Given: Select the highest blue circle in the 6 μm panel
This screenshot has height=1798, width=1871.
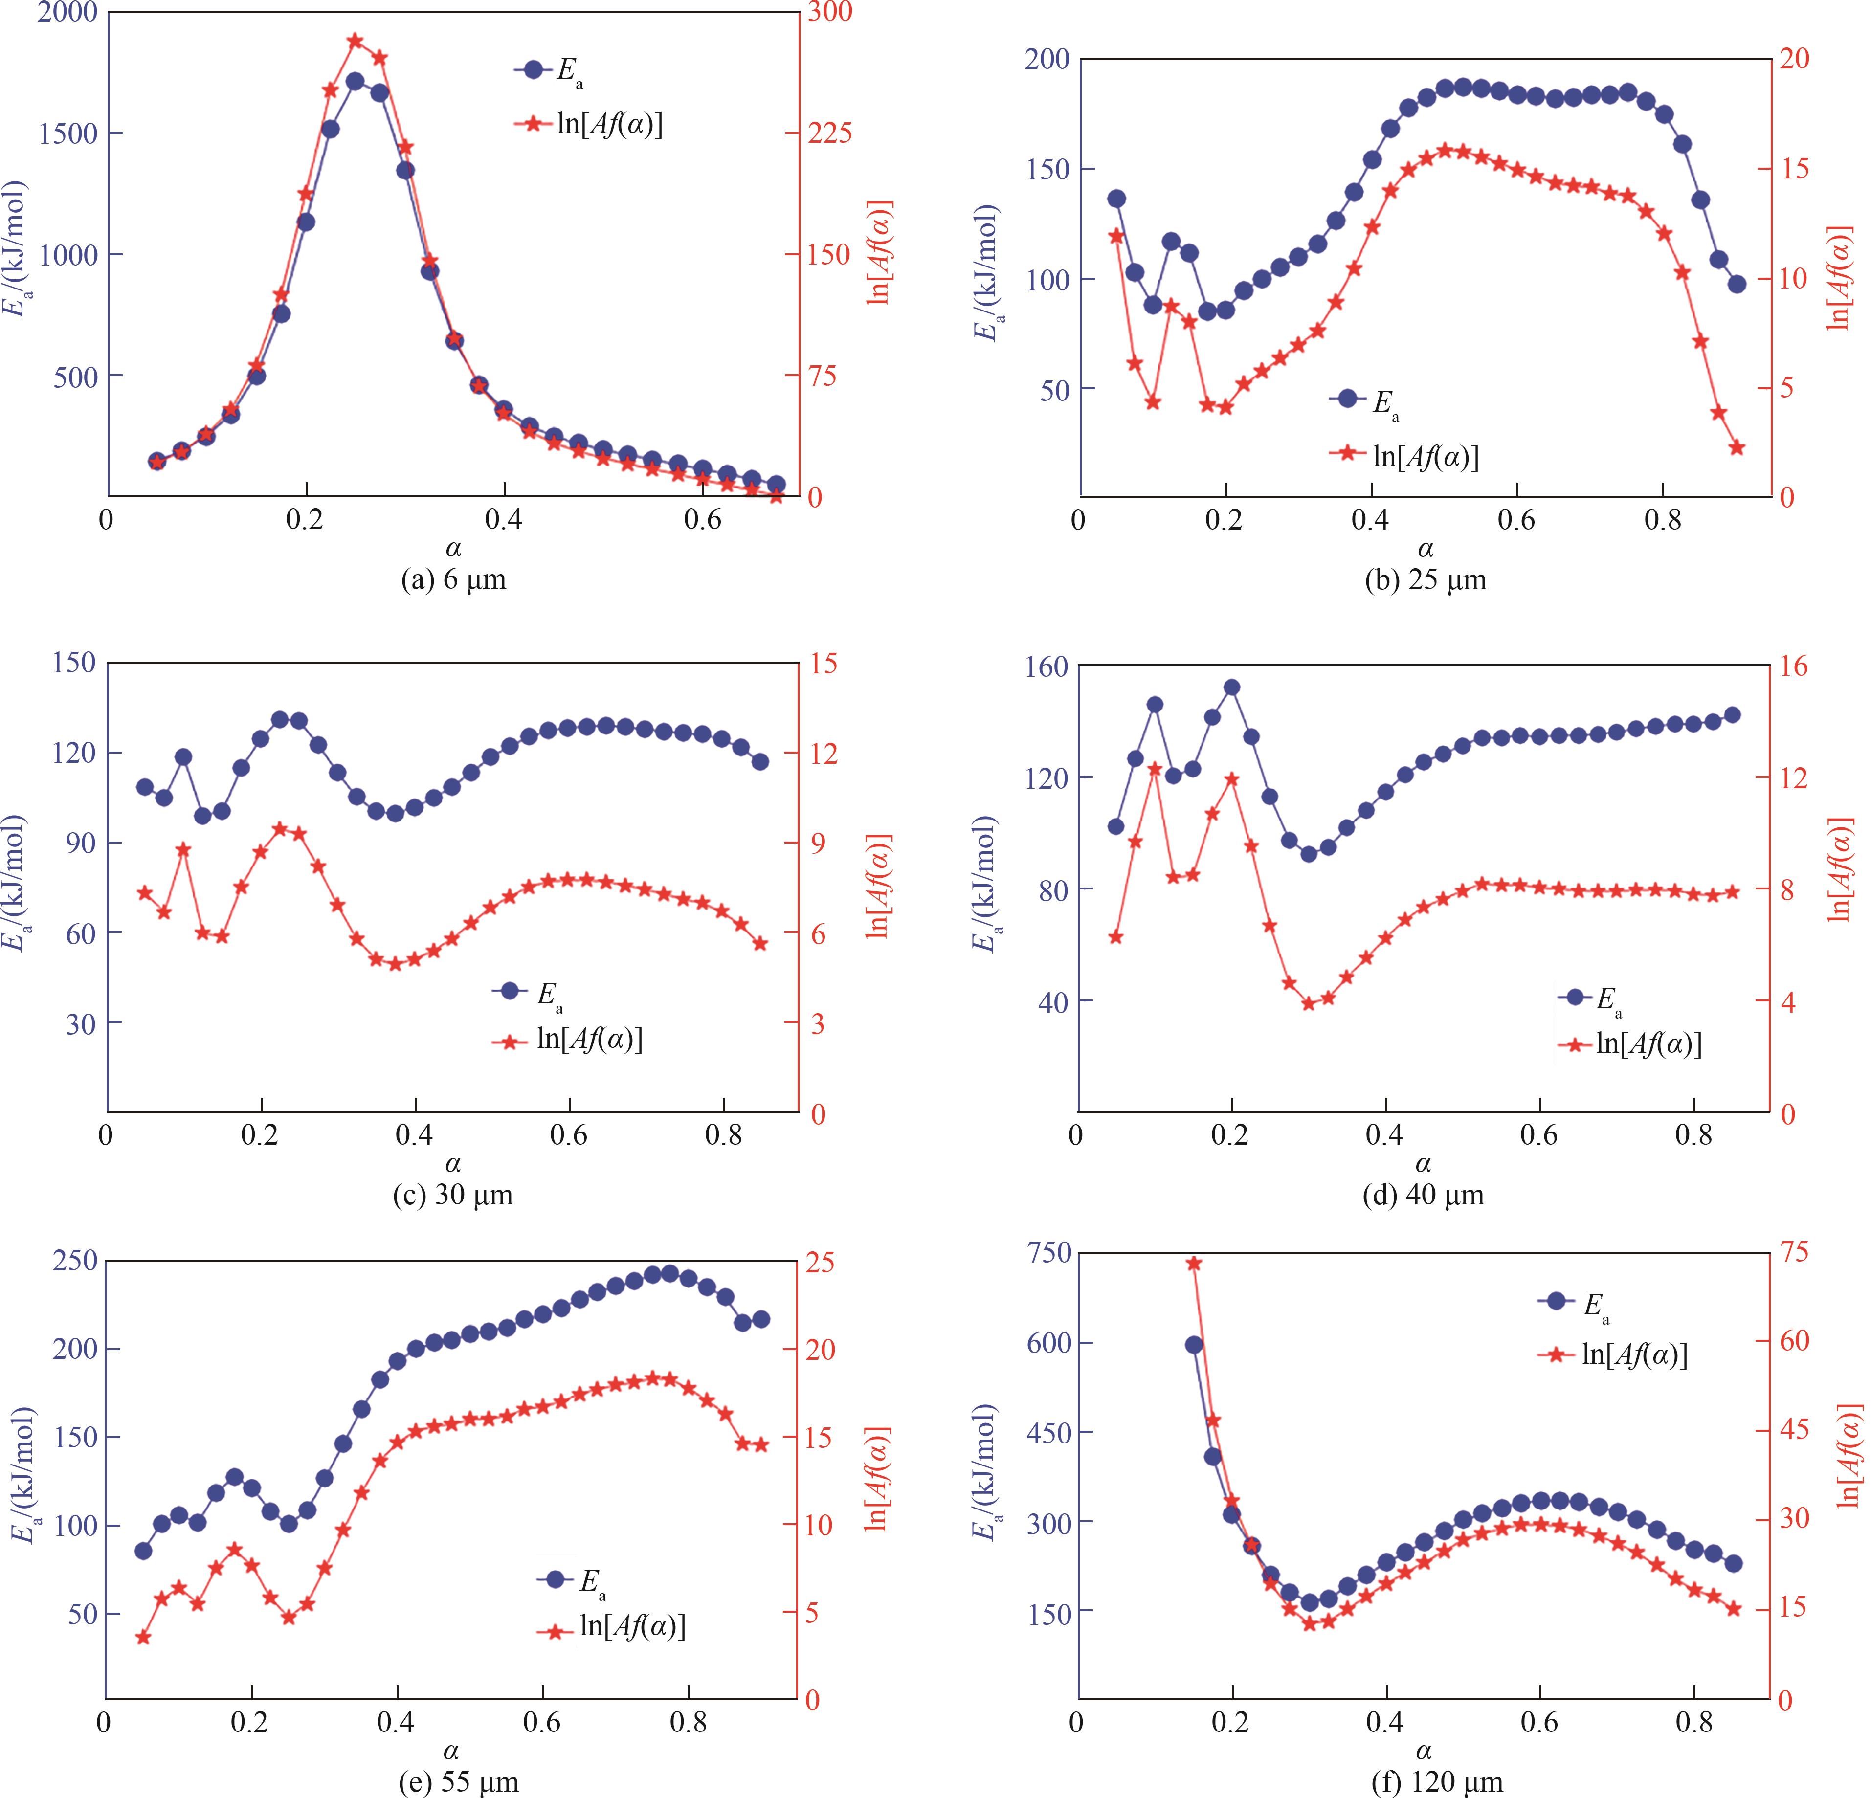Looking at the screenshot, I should coord(355,81).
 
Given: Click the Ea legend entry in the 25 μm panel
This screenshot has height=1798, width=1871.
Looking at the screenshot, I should coord(1365,401).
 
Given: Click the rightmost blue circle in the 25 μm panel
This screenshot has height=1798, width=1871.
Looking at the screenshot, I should coord(1737,284).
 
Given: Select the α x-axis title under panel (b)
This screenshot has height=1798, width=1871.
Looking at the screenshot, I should coord(1424,549).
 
